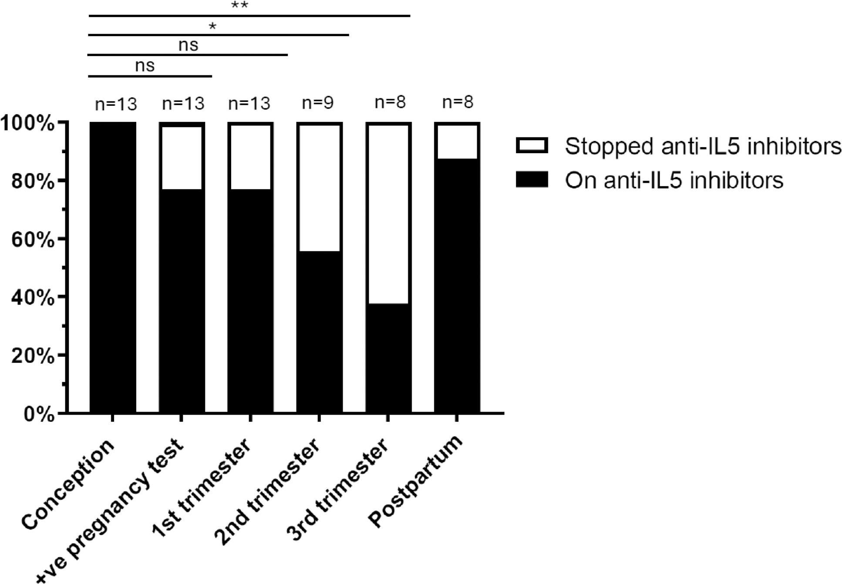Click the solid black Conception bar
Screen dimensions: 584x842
[x=113, y=267]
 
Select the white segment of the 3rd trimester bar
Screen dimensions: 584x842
[x=387, y=214]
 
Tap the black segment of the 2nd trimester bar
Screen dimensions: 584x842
[x=319, y=331]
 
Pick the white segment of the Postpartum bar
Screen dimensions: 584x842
[x=457, y=142]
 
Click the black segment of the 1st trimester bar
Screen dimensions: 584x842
[x=250, y=300]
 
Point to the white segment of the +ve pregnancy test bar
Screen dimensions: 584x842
[x=182, y=158]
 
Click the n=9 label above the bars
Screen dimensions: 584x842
[x=318, y=103]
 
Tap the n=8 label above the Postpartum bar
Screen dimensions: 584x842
[x=458, y=103]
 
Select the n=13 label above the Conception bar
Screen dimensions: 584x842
[x=116, y=104]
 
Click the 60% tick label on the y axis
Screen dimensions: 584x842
[x=33, y=240]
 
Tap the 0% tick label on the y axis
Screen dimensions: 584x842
[x=39, y=414]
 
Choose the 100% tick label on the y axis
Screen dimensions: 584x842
[x=28, y=124]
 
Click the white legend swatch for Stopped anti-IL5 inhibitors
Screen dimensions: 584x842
[x=532, y=145]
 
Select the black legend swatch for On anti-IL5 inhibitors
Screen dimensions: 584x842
[x=532, y=179]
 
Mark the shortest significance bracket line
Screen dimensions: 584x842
[x=150, y=76]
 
